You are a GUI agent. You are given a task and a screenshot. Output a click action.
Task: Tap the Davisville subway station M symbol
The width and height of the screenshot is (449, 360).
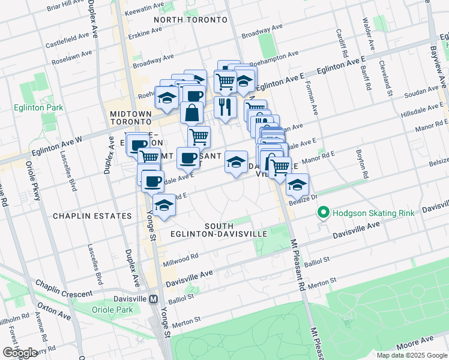click(x=154, y=299)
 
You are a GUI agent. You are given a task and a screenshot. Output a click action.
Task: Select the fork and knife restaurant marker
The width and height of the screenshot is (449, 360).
click(x=225, y=107)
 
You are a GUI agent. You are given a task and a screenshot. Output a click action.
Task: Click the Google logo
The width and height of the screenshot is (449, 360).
click(x=20, y=353)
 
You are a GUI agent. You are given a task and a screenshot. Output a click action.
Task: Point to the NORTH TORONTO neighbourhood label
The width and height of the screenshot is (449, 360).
click(x=190, y=20)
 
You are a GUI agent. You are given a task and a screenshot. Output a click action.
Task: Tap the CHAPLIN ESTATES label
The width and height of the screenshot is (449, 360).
click(x=92, y=215)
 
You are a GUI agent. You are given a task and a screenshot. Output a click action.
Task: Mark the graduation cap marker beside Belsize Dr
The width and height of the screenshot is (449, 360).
click(x=297, y=185)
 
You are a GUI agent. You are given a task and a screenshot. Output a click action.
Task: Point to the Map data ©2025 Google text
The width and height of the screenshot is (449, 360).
click(x=411, y=355)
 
